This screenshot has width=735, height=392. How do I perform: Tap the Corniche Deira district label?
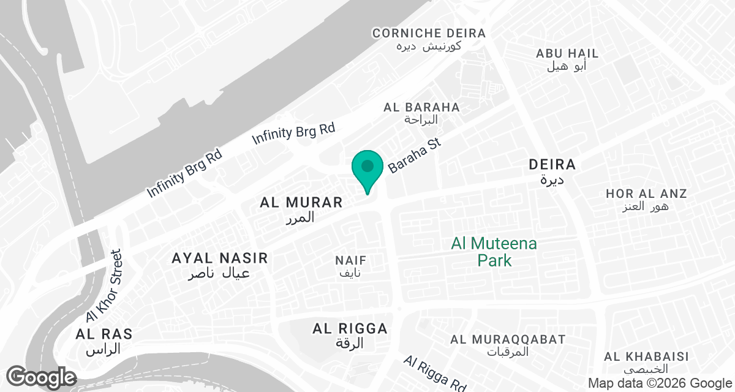(429, 33)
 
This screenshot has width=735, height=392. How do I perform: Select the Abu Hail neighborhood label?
(567, 54)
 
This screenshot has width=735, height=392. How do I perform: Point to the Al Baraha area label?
(421, 107)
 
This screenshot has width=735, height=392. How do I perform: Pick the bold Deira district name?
(552, 165)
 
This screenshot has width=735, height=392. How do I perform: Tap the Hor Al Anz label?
(646, 194)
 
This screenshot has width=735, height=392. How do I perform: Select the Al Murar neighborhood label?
(301, 202)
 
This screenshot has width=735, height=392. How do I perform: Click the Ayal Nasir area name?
(220, 258)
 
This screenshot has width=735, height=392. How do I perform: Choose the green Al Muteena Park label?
(494, 252)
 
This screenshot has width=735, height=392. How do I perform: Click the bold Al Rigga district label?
(350, 329)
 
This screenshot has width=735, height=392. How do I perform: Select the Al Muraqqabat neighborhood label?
(508, 339)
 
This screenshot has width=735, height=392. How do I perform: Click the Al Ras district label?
(104, 334)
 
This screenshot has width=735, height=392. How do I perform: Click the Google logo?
(41, 377)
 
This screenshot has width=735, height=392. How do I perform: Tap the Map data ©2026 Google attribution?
(659, 383)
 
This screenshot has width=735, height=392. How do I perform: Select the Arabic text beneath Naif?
(351, 273)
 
